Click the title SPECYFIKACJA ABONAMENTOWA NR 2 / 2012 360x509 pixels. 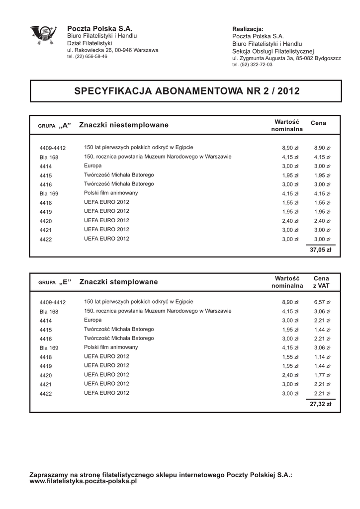click(x=186, y=91)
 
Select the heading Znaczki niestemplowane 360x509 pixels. click(x=124, y=124)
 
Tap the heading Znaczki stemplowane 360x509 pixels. click(x=118, y=282)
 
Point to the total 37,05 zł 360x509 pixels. click(x=320, y=250)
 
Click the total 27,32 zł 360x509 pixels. click(x=320, y=404)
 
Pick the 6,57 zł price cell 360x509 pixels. click(x=322, y=302)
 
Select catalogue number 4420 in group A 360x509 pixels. click(x=46, y=221)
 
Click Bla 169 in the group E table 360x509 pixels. click(x=49, y=347)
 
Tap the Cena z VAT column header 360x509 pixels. click(x=321, y=282)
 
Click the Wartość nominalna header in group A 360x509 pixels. click(x=286, y=126)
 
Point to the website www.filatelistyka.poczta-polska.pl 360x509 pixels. click(x=83, y=481)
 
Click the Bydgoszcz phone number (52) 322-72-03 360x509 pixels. click(x=252, y=65)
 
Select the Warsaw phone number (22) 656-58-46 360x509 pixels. click(x=87, y=57)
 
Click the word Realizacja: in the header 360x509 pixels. click(x=248, y=29)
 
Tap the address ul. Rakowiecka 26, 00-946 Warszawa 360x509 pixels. click(x=112, y=50)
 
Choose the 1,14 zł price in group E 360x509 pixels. click(x=322, y=356)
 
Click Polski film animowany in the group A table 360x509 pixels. click(x=111, y=193)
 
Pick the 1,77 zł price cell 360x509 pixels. click(x=322, y=375)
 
